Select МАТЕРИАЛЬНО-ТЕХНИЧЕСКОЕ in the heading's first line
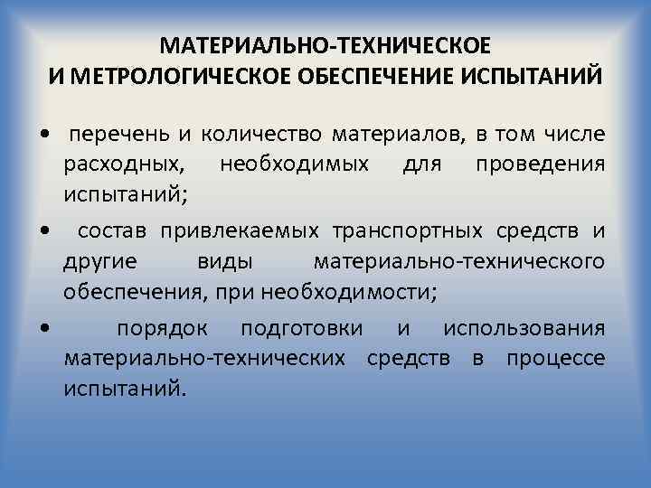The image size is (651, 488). pos(325,45)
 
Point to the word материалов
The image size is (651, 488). pos(395,136)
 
